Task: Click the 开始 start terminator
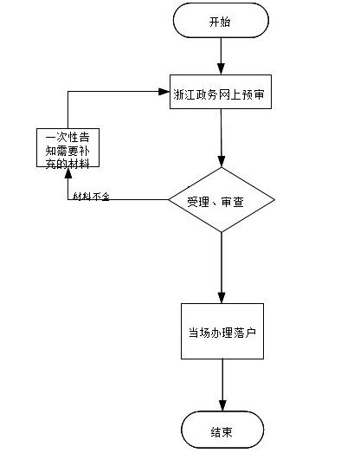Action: (x=221, y=21)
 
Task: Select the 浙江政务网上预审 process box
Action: (x=222, y=95)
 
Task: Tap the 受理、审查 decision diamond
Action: (x=222, y=200)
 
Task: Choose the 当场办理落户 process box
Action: (x=222, y=332)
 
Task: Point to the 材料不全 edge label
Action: (x=92, y=197)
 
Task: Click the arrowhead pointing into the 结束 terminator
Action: (x=222, y=407)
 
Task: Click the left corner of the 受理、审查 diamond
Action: (x=169, y=200)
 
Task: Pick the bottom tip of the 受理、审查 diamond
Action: (x=222, y=232)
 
